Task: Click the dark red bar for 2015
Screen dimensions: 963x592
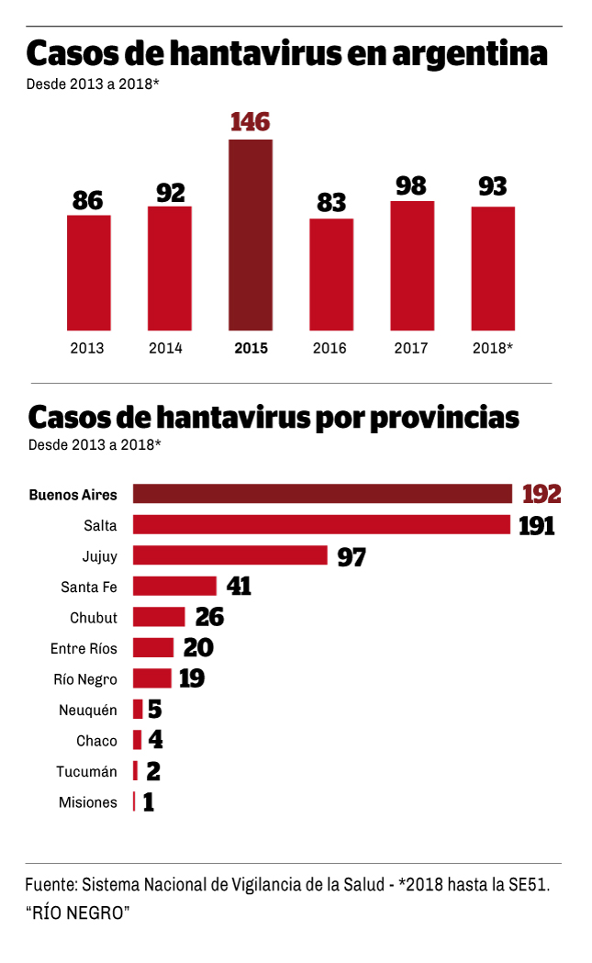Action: (250, 234)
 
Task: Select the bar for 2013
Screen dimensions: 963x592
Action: (88, 273)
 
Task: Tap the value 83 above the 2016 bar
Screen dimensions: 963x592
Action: (331, 202)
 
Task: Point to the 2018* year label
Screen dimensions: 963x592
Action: (493, 348)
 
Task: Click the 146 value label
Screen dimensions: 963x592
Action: (250, 122)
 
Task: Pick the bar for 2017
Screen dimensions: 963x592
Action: (411, 265)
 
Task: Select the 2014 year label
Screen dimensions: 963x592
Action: (165, 348)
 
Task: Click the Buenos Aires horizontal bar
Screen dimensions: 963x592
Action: (322, 494)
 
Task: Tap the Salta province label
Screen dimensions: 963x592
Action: (100, 525)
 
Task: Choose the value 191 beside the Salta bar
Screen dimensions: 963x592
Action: (536, 525)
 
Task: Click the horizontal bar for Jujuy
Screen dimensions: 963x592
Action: (230, 555)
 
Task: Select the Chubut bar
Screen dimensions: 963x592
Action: (159, 617)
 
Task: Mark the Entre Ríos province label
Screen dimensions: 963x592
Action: (84, 648)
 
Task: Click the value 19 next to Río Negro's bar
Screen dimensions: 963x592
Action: (191, 678)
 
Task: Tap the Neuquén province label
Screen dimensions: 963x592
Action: (87, 710)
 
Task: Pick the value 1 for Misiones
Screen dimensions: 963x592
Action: (148, 802)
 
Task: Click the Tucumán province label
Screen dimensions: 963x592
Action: (86, 771)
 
